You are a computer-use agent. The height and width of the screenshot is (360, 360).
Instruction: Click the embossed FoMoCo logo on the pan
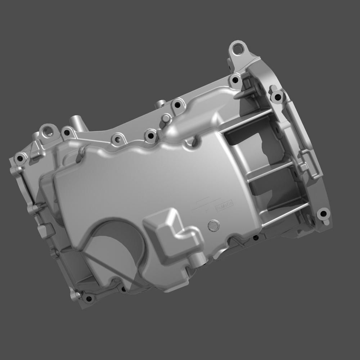(x=224, y=206)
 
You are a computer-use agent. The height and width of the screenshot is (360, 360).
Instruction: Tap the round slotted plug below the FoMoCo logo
(x=213, y=225)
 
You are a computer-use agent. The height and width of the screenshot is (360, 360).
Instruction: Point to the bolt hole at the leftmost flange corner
(x=20, y=158)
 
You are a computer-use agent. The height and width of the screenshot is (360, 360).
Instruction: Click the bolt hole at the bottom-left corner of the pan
(x=88, y=298)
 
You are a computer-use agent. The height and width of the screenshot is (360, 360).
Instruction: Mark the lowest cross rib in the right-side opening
(x=284, y=216)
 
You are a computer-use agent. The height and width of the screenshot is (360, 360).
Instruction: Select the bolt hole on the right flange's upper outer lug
(x=276, y=96)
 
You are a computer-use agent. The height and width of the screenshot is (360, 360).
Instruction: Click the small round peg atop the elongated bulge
(x=166, y=118)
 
